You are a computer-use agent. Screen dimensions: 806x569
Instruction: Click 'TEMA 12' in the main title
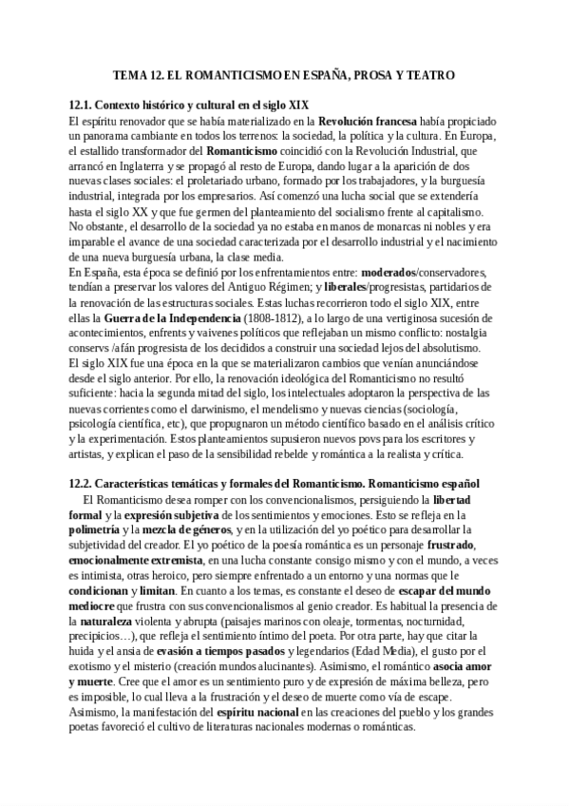pos(139,74)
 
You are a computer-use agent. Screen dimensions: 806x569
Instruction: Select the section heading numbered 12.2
pos(275,482)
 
